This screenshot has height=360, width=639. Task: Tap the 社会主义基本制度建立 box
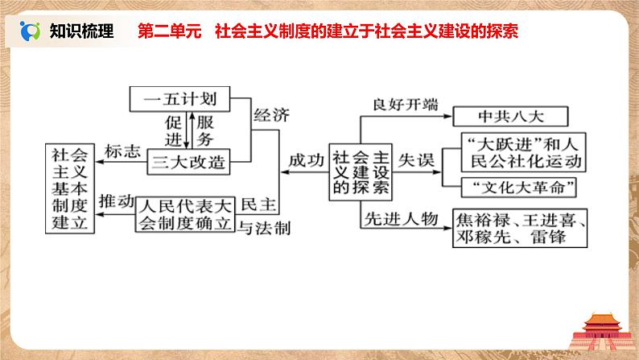69,188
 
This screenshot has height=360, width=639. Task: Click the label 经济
270,114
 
